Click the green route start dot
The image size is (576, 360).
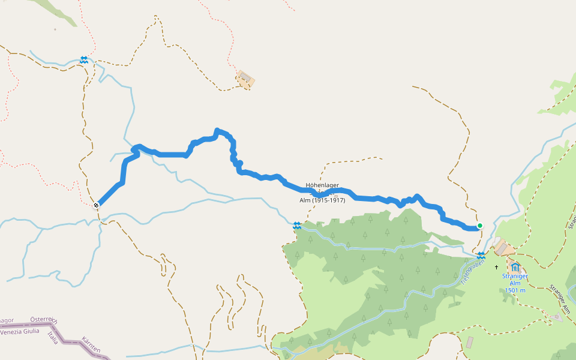[479, 226]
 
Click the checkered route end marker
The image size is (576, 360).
[96, 205]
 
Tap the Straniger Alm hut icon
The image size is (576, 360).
[515, 266]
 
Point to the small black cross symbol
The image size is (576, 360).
[497, 266]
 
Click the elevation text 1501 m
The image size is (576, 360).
[515, 290]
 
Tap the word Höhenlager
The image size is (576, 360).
[322, 185]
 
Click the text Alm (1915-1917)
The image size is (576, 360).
[322, 200]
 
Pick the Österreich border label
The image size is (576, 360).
[44, 320]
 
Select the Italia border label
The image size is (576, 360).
[53, 337]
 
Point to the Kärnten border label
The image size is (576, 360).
[91, 344]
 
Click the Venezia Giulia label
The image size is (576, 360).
[20, 331]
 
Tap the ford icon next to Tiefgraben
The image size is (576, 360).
[481, 256]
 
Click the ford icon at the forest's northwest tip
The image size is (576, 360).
[297, 226]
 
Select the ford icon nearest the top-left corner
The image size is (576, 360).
[84, 60]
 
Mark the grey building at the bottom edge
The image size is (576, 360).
[469, 342]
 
